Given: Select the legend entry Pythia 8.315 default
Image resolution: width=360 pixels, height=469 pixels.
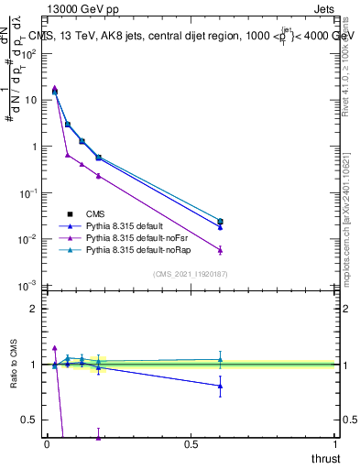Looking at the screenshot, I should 125,225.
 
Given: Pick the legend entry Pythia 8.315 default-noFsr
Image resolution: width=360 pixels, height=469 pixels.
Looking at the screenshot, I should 134,237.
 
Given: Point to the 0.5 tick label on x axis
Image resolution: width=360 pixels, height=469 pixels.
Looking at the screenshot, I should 191,444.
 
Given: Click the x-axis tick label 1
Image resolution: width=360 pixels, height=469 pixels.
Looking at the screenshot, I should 335,444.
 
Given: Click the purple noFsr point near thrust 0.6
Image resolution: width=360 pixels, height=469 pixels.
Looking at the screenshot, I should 219,249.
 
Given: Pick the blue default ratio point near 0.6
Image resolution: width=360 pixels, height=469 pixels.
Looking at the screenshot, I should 219,386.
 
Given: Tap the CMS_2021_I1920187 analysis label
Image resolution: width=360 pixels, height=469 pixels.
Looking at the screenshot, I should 190,274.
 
